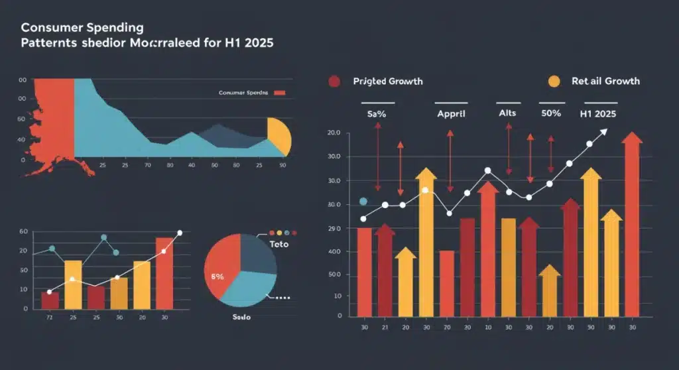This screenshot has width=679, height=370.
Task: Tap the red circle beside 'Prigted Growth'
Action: (334, 81)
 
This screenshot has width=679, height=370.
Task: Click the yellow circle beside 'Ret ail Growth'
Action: (553, 81)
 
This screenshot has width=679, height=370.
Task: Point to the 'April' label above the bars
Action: (451, 114)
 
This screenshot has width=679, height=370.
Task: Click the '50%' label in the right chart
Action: (550, 114)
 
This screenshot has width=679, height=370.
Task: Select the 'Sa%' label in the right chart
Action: (377, 114)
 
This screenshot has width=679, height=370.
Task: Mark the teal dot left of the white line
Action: (363, 201)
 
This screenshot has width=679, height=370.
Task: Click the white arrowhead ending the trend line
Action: (603, 131)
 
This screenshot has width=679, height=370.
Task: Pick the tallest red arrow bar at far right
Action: (632, 225)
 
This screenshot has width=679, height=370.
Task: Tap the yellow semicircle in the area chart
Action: (280, 135)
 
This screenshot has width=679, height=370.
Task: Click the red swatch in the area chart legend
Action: (278, 93)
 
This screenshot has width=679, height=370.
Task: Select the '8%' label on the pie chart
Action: (217, 277)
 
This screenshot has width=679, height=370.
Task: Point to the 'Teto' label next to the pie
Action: (280, 245)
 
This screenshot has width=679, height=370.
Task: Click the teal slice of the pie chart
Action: (249, 292)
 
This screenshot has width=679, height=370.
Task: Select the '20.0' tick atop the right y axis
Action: (334, 133)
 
